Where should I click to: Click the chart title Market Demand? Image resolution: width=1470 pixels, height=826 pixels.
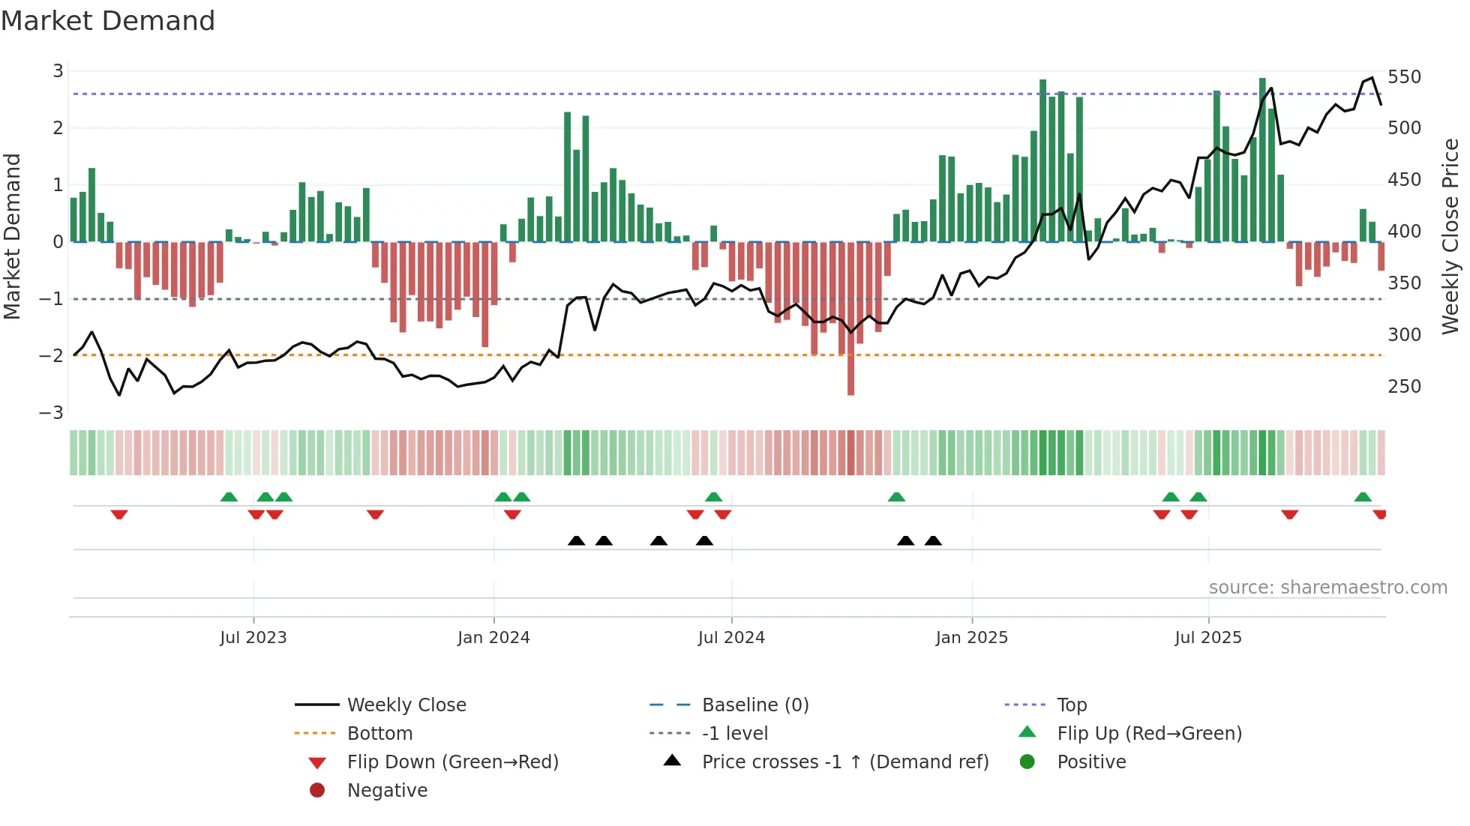108,21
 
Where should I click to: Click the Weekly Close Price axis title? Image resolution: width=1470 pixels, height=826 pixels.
1450,236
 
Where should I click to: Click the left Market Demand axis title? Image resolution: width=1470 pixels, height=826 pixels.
12,236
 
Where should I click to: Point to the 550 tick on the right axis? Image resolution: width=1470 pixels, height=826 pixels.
1404,77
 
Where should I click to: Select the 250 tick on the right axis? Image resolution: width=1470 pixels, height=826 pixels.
1404,387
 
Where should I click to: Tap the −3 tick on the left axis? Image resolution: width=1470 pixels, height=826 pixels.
52,413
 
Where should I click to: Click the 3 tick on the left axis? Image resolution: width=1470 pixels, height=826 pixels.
58,71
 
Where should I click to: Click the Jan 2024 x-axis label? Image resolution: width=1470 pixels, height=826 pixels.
493,638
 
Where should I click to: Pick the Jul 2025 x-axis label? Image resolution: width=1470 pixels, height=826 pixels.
1207,638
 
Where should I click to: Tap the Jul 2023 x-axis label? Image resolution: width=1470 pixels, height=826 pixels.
253,638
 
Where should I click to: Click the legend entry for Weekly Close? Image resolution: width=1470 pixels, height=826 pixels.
406,705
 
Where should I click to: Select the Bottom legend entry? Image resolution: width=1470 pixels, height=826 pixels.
379,734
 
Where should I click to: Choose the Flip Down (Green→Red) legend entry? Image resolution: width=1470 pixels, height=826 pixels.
452,762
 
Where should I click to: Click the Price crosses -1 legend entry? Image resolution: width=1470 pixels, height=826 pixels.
844,762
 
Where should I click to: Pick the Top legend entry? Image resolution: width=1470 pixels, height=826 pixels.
1071,705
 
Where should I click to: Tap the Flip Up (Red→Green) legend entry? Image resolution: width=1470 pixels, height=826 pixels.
1149,734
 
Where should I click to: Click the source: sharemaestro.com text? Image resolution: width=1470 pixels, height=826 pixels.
1327,588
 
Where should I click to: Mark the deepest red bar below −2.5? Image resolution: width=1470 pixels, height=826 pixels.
850,375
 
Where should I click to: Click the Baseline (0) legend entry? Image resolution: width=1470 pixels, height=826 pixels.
754,705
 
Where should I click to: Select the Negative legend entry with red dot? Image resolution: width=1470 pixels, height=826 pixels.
387,791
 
